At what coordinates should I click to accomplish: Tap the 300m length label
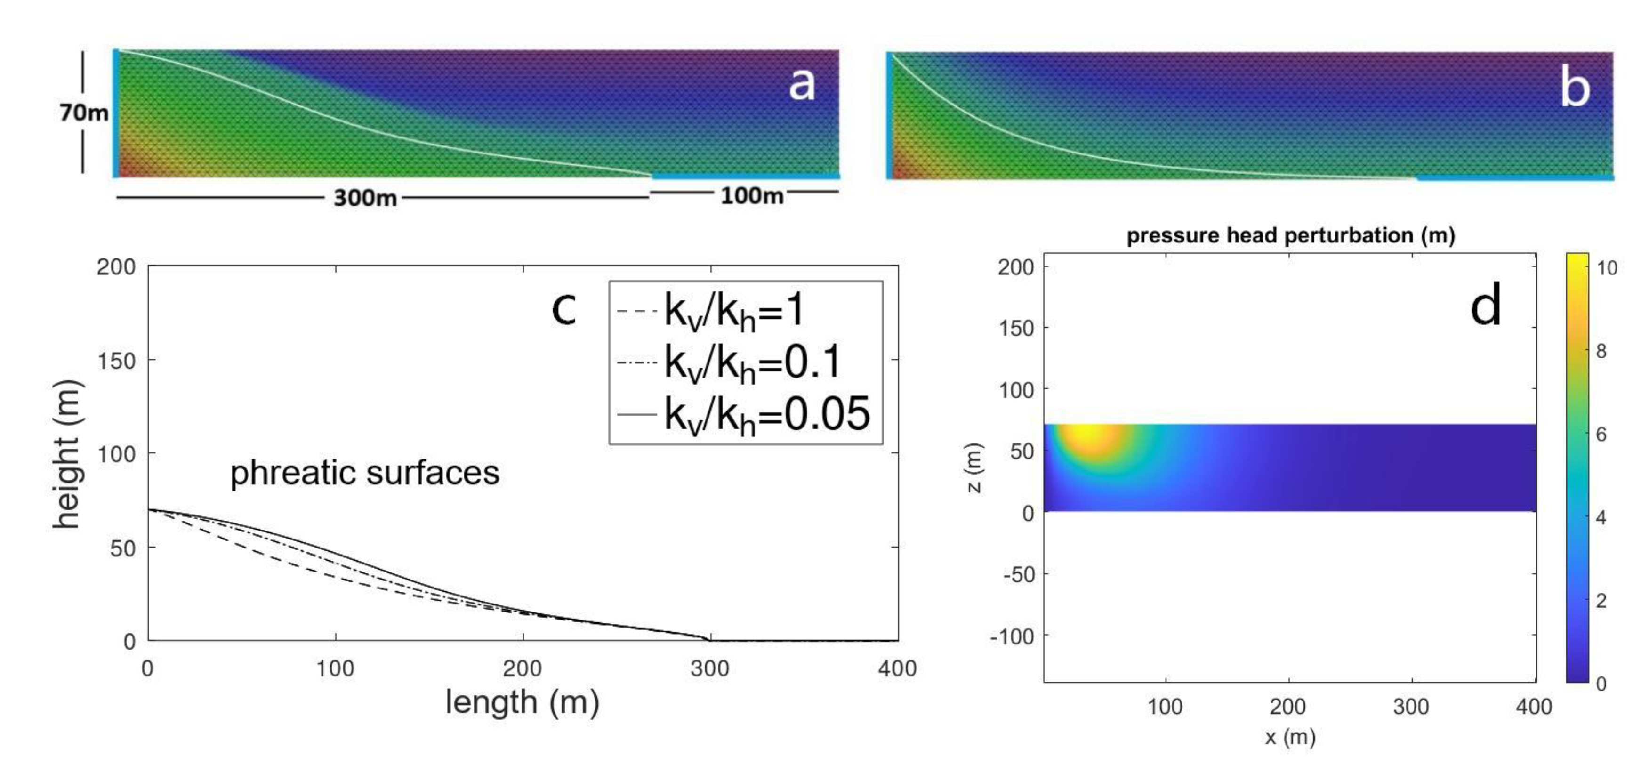pyautogui.click(x=365, y=198)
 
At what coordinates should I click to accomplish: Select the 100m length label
pyautogui.click(x=752, y=195)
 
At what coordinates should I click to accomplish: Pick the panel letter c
pyautogui.click(x=564, y=310)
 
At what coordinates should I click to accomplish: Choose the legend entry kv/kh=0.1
pyautogui.click(x=729, y=362)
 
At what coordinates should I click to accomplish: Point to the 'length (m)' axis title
pyautogui.click(x=523, y=703)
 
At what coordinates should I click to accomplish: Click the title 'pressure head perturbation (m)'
pyautogui.click(x=1291, y=236)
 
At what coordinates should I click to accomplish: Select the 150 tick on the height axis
pyautogui.click(x=116, y=361)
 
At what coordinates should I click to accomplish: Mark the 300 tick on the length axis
pyautogui.click(x=710, y=668)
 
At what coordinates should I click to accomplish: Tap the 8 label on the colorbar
pyautogui.click(x=1601, y=351)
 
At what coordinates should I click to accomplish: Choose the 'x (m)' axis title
pyautogui.click(x=1290, y=737)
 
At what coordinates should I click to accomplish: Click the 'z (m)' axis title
pyautogui.click(x=974, y=468)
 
